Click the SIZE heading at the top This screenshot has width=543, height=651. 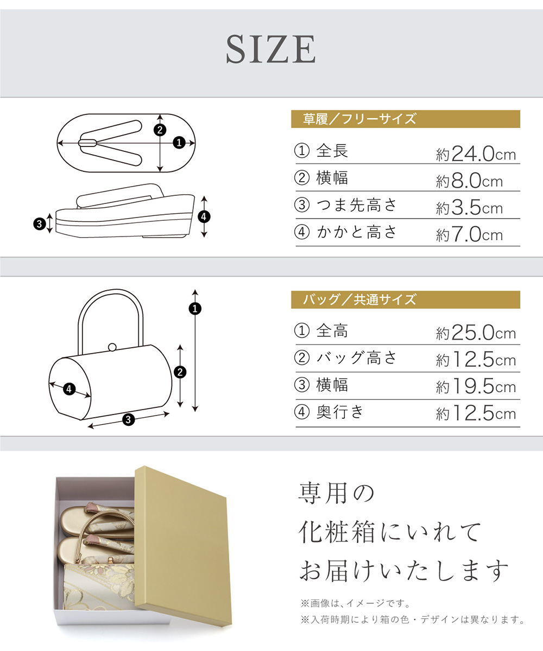tap(270, 49)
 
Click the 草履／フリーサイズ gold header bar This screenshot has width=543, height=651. tap(406, 119)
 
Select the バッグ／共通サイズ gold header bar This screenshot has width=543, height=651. tap(406, 299)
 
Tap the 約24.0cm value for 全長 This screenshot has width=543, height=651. tap(476, 154)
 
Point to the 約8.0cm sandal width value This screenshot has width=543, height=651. tap(469, 181)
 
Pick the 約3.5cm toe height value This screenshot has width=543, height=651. tap(469, 208)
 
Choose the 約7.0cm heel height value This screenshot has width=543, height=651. tap(469, 235)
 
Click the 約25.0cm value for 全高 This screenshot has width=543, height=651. tap(476, 333)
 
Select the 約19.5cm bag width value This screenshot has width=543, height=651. tap(476, 387)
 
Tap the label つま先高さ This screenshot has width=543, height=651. tap(356, 205)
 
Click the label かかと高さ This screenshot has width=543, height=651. tap(356, 232)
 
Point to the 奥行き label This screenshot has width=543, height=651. tap(340, 412)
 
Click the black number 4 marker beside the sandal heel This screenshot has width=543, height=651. tap(204, 216)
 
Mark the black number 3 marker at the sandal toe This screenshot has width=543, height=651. tap(40, 224)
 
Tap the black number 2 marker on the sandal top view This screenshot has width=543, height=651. tap(160, 130)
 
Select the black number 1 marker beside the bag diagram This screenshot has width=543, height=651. tap(195, 309)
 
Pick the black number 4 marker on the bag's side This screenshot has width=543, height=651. tap(69, 389)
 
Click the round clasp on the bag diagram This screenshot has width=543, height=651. tap(112, 347)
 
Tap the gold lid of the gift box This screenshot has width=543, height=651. tap(184, 546)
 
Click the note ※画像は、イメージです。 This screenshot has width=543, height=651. tap(356, 603)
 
